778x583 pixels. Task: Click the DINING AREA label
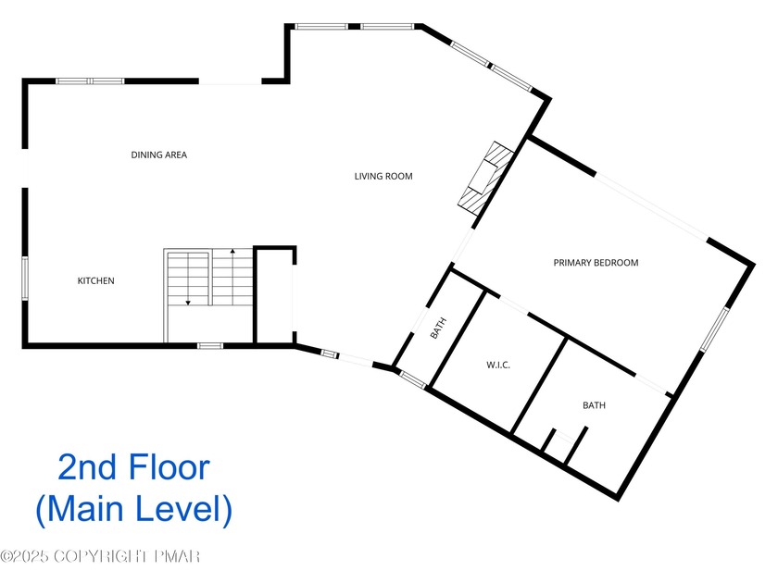(158, 155)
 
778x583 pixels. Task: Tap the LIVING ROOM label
(383, 176)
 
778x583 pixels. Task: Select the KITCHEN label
(95, 280)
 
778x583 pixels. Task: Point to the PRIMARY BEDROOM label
(596, 263)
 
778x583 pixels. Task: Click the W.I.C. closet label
(498, 365)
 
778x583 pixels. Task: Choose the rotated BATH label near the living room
(438, 329)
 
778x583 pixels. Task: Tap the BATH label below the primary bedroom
(594, 405)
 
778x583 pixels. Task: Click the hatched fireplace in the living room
(485, 178)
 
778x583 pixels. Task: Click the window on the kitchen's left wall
(25, 279)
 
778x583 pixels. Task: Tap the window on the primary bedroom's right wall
(714, 329)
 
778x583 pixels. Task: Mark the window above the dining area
(90, 81)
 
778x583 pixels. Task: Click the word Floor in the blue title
(169, 467)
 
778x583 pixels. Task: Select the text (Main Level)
(134, 509)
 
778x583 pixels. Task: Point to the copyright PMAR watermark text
(100, 556)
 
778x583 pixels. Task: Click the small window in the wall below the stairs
(210, 345)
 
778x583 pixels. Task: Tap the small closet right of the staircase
(274, 294)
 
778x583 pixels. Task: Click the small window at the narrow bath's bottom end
(413, 379)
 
